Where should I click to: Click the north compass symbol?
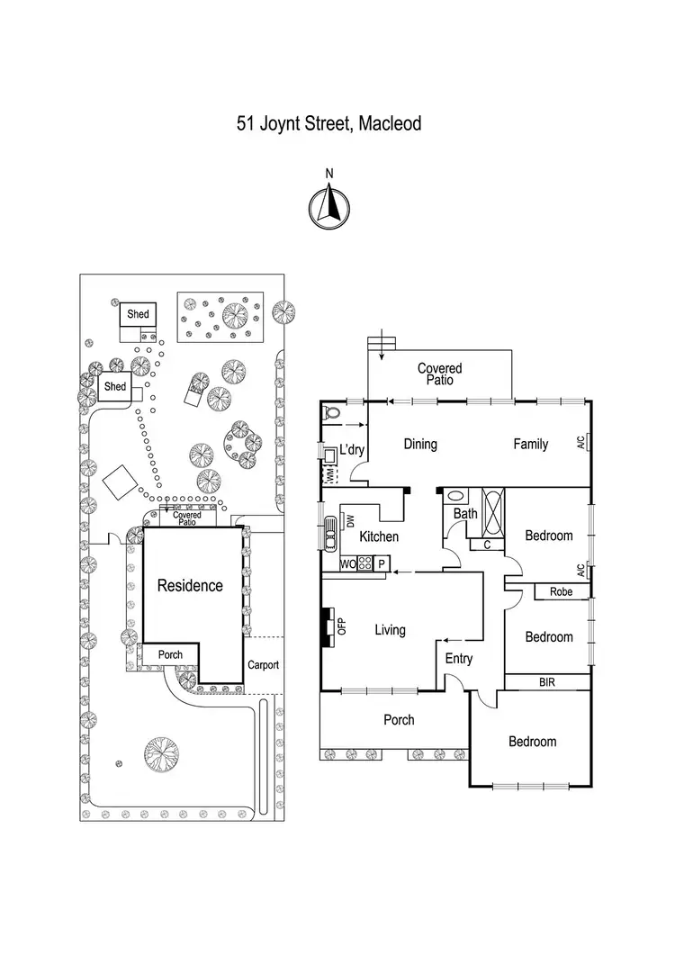click(329, 206)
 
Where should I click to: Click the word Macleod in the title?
click(390, 123)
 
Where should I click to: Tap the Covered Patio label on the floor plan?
click(439, 374)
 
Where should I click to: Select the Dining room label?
click(420, 444)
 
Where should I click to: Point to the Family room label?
click(531, 444)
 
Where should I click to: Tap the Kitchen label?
click(379, 536)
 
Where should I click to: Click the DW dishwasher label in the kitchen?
click(351, 520)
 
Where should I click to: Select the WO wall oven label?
click(347, 564)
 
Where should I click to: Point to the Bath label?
click(465, 514)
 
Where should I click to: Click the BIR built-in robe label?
click(546, 682)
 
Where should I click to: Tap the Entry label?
click(459, 659)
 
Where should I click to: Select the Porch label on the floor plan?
click(399, 719)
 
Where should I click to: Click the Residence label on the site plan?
click(190, 585)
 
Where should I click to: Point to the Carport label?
click(263, 665)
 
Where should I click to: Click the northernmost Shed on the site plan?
click(138, 315)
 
